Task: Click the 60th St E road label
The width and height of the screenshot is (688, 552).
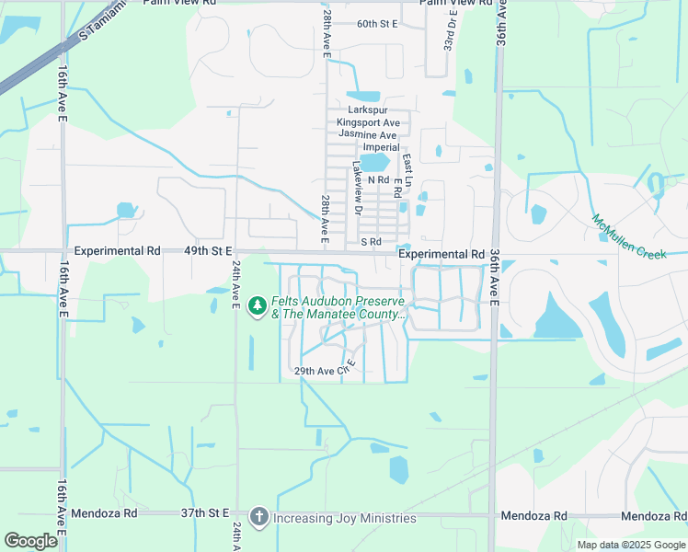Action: click(x=377, y=23)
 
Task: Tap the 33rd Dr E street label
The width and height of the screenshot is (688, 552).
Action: click(x=450, y=30)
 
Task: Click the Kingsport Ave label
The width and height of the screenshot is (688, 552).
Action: click(x=368, y=122)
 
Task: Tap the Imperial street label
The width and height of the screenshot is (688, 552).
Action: click(x=382, y=147)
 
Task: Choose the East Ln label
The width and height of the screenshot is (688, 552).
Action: click(x=407, y=166)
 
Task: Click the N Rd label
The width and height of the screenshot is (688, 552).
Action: click(x=378, y=180)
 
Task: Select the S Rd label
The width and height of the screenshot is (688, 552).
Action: click(x=371, y=242)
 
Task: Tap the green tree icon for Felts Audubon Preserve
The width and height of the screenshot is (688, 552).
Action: click(x=258, y=304)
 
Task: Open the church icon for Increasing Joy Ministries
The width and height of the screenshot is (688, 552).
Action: click(x=258, y=517)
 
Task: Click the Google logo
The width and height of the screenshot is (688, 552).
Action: click(x=30, y=541)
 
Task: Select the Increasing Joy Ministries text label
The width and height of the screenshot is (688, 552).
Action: click(x=345, y=518)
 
